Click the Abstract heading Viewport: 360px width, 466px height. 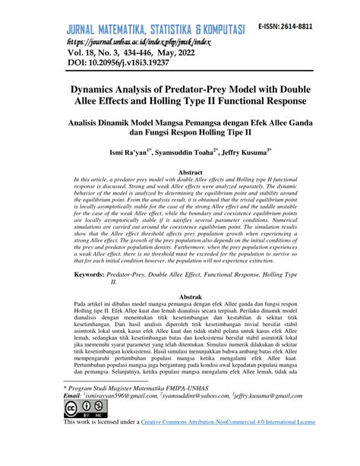click(x=189, y=173)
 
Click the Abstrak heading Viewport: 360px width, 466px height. click(x=189, y=294)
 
